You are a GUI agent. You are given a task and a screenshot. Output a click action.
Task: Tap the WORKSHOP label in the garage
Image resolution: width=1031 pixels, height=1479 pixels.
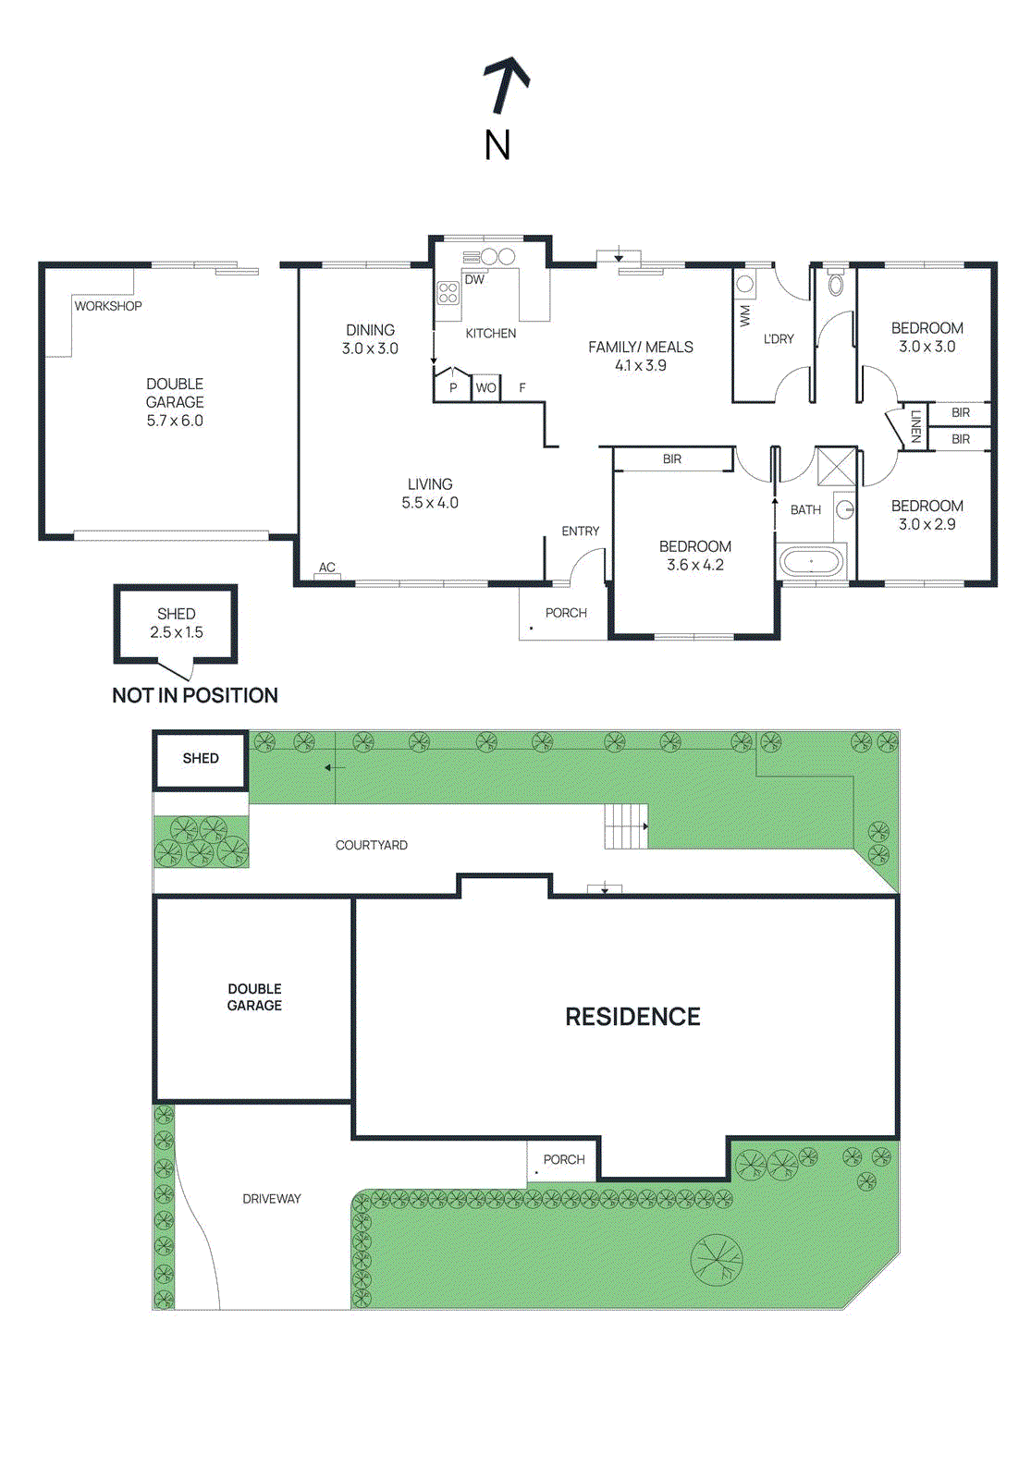coord(108,306)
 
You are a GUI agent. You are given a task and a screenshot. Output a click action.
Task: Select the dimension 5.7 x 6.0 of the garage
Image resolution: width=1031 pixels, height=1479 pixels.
coord(175,421)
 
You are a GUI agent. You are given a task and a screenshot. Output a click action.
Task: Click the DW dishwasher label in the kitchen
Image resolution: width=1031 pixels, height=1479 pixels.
coord(474,279)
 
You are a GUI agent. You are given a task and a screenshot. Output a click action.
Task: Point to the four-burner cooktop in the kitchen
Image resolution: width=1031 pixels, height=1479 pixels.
coord(448,293)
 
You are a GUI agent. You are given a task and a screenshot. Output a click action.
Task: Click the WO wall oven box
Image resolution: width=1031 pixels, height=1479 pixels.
coord(485,388)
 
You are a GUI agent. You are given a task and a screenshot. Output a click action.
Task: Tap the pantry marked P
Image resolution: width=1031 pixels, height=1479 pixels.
coord(453,388)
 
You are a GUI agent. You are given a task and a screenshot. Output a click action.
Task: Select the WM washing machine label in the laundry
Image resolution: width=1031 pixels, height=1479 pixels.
coord(745,315)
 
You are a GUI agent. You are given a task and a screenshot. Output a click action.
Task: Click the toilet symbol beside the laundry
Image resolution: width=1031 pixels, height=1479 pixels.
coord(836,283)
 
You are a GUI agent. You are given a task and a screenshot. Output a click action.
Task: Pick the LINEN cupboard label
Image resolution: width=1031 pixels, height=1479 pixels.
coord(915,426)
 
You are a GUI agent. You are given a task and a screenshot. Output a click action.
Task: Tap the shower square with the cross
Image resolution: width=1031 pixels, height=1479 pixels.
coord(836,465)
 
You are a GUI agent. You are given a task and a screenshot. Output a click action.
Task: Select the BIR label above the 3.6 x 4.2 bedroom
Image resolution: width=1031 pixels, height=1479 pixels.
coord(672,458)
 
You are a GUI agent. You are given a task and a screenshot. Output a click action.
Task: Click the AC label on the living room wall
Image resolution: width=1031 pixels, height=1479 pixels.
coord(327,568)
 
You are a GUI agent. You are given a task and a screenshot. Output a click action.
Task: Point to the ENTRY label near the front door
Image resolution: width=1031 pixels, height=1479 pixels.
coord(580,531)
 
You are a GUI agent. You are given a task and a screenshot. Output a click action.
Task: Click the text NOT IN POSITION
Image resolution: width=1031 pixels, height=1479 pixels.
coord(195,695)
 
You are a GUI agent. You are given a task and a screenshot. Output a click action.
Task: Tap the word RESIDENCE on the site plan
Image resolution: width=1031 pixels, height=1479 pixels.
coord(632,1017)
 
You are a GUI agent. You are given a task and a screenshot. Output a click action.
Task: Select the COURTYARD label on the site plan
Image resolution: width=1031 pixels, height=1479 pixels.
coord(371,845)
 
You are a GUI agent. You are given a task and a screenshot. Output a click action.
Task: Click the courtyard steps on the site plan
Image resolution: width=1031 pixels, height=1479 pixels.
coord(626,825)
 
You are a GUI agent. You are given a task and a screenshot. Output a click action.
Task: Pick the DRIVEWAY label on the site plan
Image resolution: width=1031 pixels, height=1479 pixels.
coord(272,1199)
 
